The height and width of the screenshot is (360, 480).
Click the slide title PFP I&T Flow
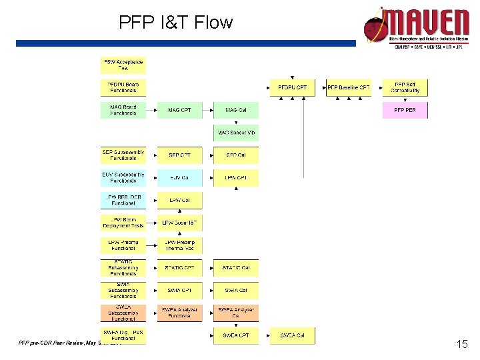click(x=176, y=23)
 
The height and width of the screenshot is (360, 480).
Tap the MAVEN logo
click(x=416, y=27)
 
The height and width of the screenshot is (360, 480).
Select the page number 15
click(x=461, y=345)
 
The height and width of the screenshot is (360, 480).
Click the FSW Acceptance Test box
click(x=123, y=65)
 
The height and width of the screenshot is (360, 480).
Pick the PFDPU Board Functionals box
click(x=123, y=87)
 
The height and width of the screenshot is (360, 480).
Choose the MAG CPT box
click(x=179, y=110)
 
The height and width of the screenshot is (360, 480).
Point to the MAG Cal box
click(x=236, y=110)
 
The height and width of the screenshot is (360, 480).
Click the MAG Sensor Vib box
click(x=236, y=133)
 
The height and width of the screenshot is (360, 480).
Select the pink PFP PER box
click(x=405, y=110)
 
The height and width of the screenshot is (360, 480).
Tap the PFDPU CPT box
click(x=292, y=87)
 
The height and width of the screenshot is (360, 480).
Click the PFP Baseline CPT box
click(x=348, y=87)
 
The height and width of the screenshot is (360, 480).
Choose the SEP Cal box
click(x=236, y=155)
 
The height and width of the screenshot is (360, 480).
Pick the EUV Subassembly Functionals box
click(x=123, y=177)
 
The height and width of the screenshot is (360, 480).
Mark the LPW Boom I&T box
click(x=179, y=223)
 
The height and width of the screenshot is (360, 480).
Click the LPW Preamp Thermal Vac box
click(x=179, y=245)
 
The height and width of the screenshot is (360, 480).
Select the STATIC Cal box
click(x=236, y=268)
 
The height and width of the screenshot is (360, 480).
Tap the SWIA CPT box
click(x=179, y=291)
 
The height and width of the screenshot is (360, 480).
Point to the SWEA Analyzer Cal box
click(x=236, y=313)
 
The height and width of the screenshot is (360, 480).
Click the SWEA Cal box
click(x=292, y=335)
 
